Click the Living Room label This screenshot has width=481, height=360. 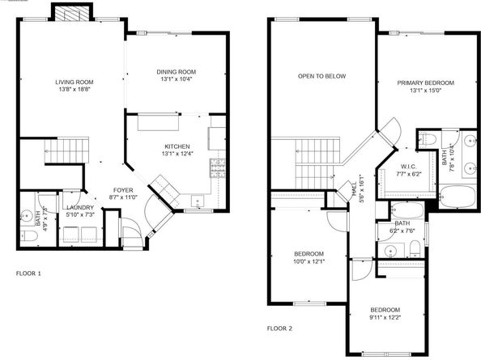(74, 82)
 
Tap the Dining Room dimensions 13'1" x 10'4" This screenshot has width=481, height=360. (177, 79)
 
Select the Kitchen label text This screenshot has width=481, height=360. (177, 146)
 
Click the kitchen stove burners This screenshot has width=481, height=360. (218, 168)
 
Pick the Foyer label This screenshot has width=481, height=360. (123, 190)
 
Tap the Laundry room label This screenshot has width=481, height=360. (80, 207)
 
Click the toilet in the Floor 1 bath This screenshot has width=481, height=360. (28, 236)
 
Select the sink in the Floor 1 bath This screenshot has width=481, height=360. (27, 215)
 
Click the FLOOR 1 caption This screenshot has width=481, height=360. (28, 273)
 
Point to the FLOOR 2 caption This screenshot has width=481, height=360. (279, 328)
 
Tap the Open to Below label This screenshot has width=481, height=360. (321, 76)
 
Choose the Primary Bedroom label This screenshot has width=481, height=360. (425, 83)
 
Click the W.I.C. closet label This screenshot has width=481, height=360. (409, 167)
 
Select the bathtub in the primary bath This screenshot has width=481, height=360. (458, 196)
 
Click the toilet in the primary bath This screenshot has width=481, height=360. (428, 139)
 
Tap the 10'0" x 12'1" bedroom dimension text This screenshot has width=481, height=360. (309, 261)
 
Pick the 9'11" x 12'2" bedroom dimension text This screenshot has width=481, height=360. (385, 317)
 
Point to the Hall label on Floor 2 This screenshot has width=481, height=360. (355, 188)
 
